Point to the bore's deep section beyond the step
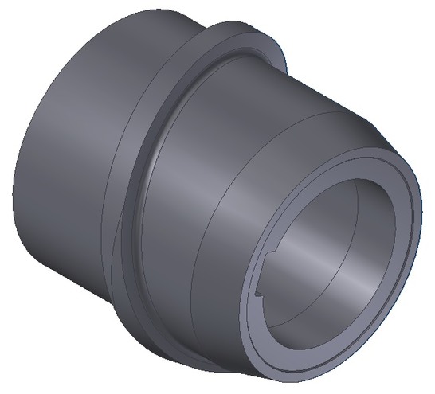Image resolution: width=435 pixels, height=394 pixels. tap(359, 239)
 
